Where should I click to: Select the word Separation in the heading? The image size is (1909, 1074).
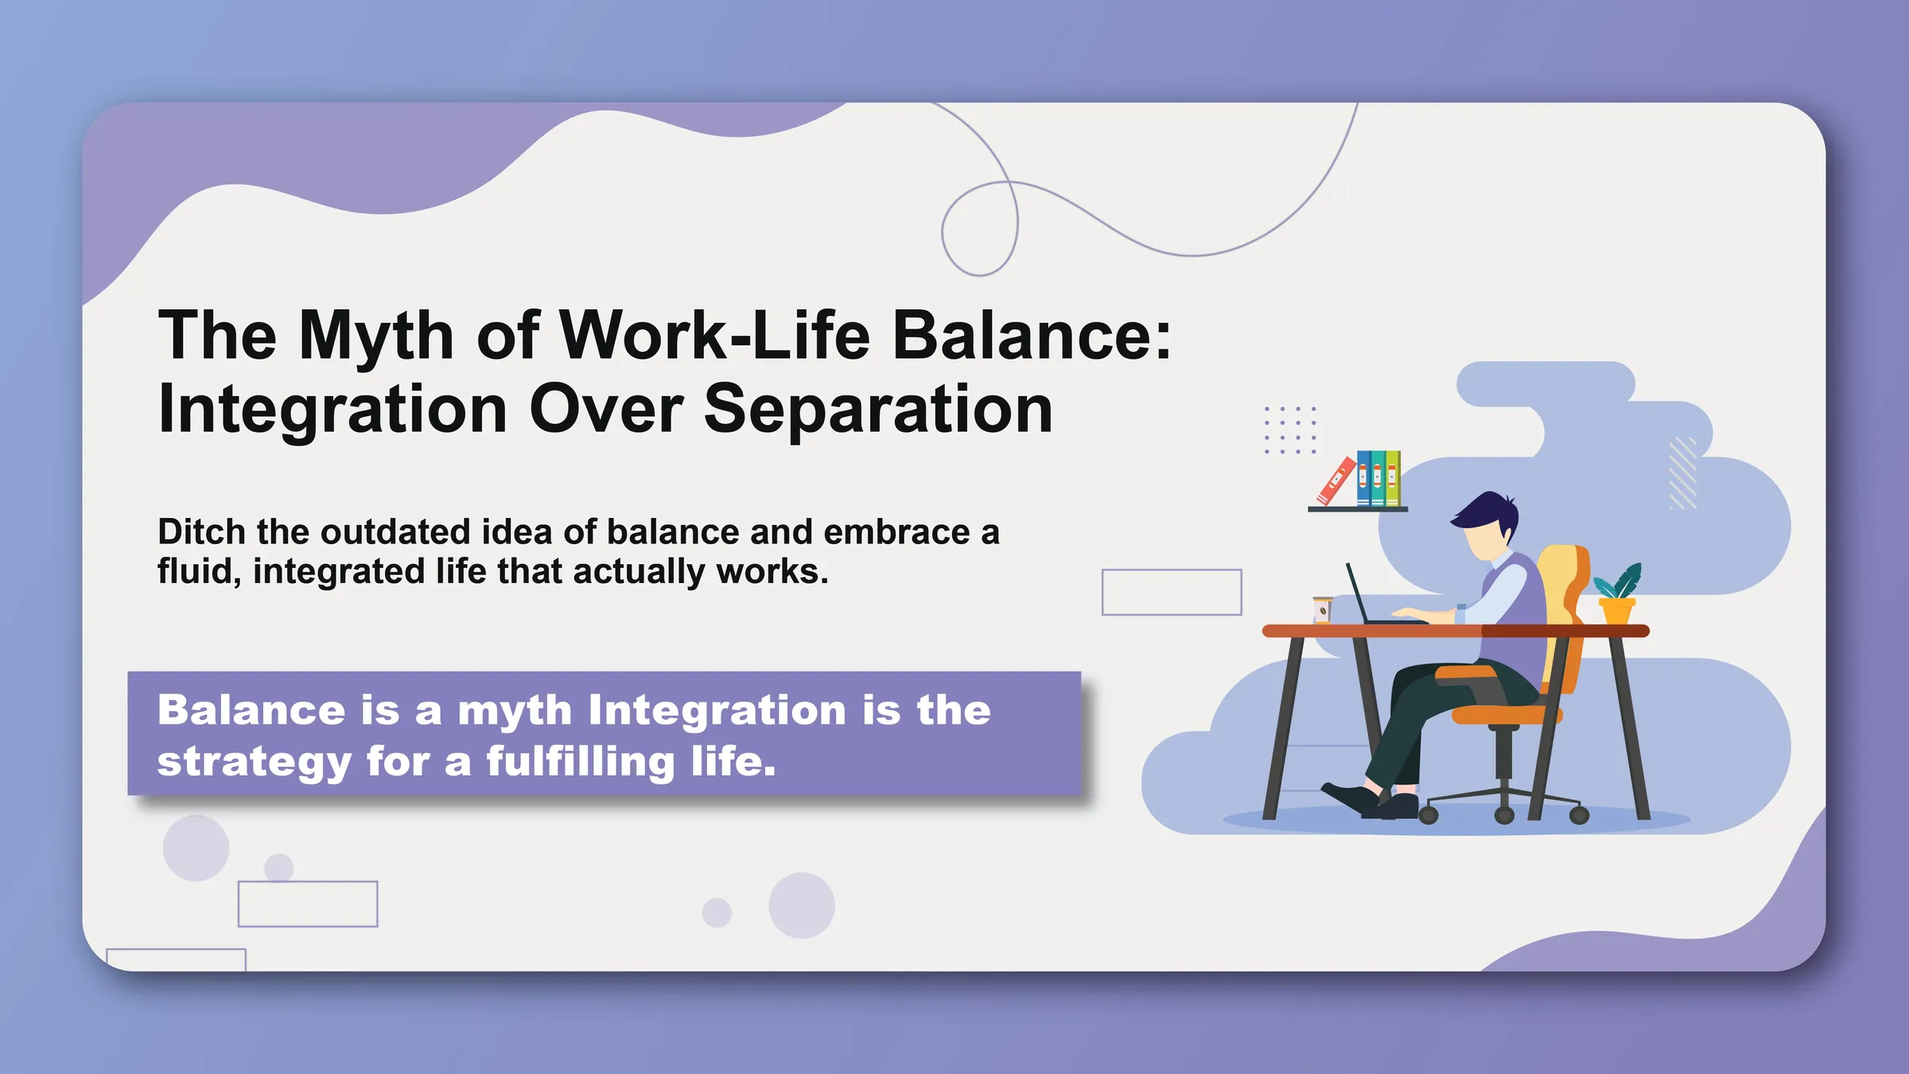click(878, 410)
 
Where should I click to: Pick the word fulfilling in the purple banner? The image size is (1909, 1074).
click(581, 761)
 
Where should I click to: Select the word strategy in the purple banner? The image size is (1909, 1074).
click(254, 761)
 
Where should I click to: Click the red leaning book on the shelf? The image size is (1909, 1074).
click(1336, 481)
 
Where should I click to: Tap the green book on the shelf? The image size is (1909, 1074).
click(1393, 478)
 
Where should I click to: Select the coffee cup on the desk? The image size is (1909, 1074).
click(1322, 609)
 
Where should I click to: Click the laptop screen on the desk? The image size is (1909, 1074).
click(1357, 593)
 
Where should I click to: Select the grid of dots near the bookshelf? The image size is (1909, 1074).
click(1290, 430)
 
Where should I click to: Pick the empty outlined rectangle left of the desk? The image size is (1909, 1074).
click(1172, 592)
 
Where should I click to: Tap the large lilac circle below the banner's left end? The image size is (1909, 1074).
click(196, 847)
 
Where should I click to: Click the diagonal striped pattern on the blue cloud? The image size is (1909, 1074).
click(1682, 473)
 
